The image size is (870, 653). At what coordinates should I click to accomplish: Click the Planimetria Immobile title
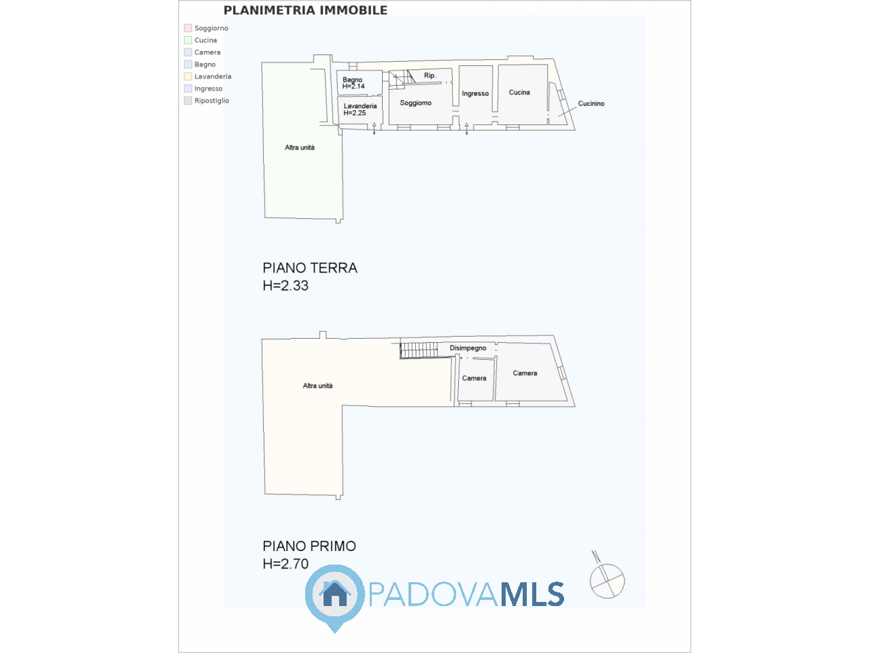pos(305,10)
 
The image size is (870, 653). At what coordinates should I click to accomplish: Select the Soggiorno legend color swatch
pos(188,28)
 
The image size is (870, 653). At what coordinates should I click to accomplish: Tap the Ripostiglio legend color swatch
pos(188,101)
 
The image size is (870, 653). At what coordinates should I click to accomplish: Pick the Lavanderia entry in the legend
pos(208,76)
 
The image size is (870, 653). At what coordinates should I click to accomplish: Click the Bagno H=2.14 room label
pos(353,83)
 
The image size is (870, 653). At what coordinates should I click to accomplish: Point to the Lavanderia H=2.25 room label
pos(360,110)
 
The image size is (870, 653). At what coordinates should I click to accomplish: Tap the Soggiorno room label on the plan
pos(415,103)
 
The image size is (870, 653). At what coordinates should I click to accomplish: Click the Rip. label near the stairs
pos(430,76)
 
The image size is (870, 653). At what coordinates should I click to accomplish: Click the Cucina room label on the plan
pos(519,93)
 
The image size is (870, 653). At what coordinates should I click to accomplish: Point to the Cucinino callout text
pos(591,103)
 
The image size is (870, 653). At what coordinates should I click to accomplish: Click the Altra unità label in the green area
pos(300,148)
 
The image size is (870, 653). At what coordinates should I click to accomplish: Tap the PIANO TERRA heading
pos(310,268)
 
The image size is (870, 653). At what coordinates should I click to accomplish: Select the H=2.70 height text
pos(285,563)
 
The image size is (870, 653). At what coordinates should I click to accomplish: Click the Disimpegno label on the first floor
pos(468,348)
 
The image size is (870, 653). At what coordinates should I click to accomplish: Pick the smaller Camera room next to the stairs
pos(475,380)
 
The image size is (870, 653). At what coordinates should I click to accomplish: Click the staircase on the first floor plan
pos(419,350)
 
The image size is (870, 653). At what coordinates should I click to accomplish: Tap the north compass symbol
pos(606,577)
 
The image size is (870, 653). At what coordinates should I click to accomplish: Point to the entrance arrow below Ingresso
pos(466,129)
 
